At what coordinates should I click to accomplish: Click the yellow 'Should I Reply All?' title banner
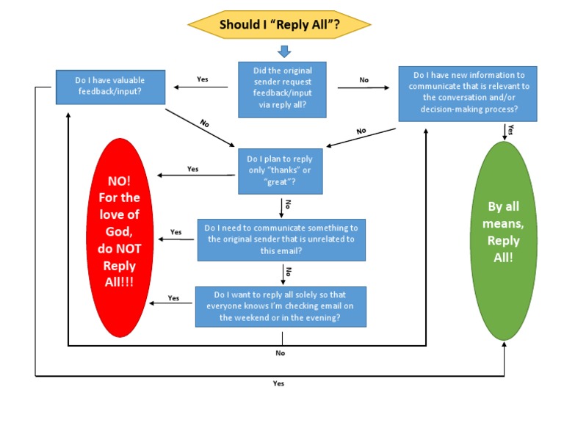279,24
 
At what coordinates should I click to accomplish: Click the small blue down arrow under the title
283,51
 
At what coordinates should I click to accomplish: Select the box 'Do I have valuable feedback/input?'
109,86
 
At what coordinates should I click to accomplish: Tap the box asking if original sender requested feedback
282,90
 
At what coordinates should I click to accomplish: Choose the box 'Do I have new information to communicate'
468,93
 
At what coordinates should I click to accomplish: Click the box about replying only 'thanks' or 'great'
280,171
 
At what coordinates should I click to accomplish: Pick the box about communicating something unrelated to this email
282,239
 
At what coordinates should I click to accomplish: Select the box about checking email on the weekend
280,306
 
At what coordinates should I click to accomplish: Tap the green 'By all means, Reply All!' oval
503,240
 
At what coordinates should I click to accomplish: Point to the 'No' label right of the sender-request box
364,79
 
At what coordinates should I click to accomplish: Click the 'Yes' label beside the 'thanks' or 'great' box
192,169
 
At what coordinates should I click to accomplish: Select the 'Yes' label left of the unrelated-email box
176,232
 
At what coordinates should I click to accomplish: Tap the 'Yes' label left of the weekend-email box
173,298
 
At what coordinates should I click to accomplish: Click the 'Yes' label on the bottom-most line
278,383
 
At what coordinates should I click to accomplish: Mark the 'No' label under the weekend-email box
280,353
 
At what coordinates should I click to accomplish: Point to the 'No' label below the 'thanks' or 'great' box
288,204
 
